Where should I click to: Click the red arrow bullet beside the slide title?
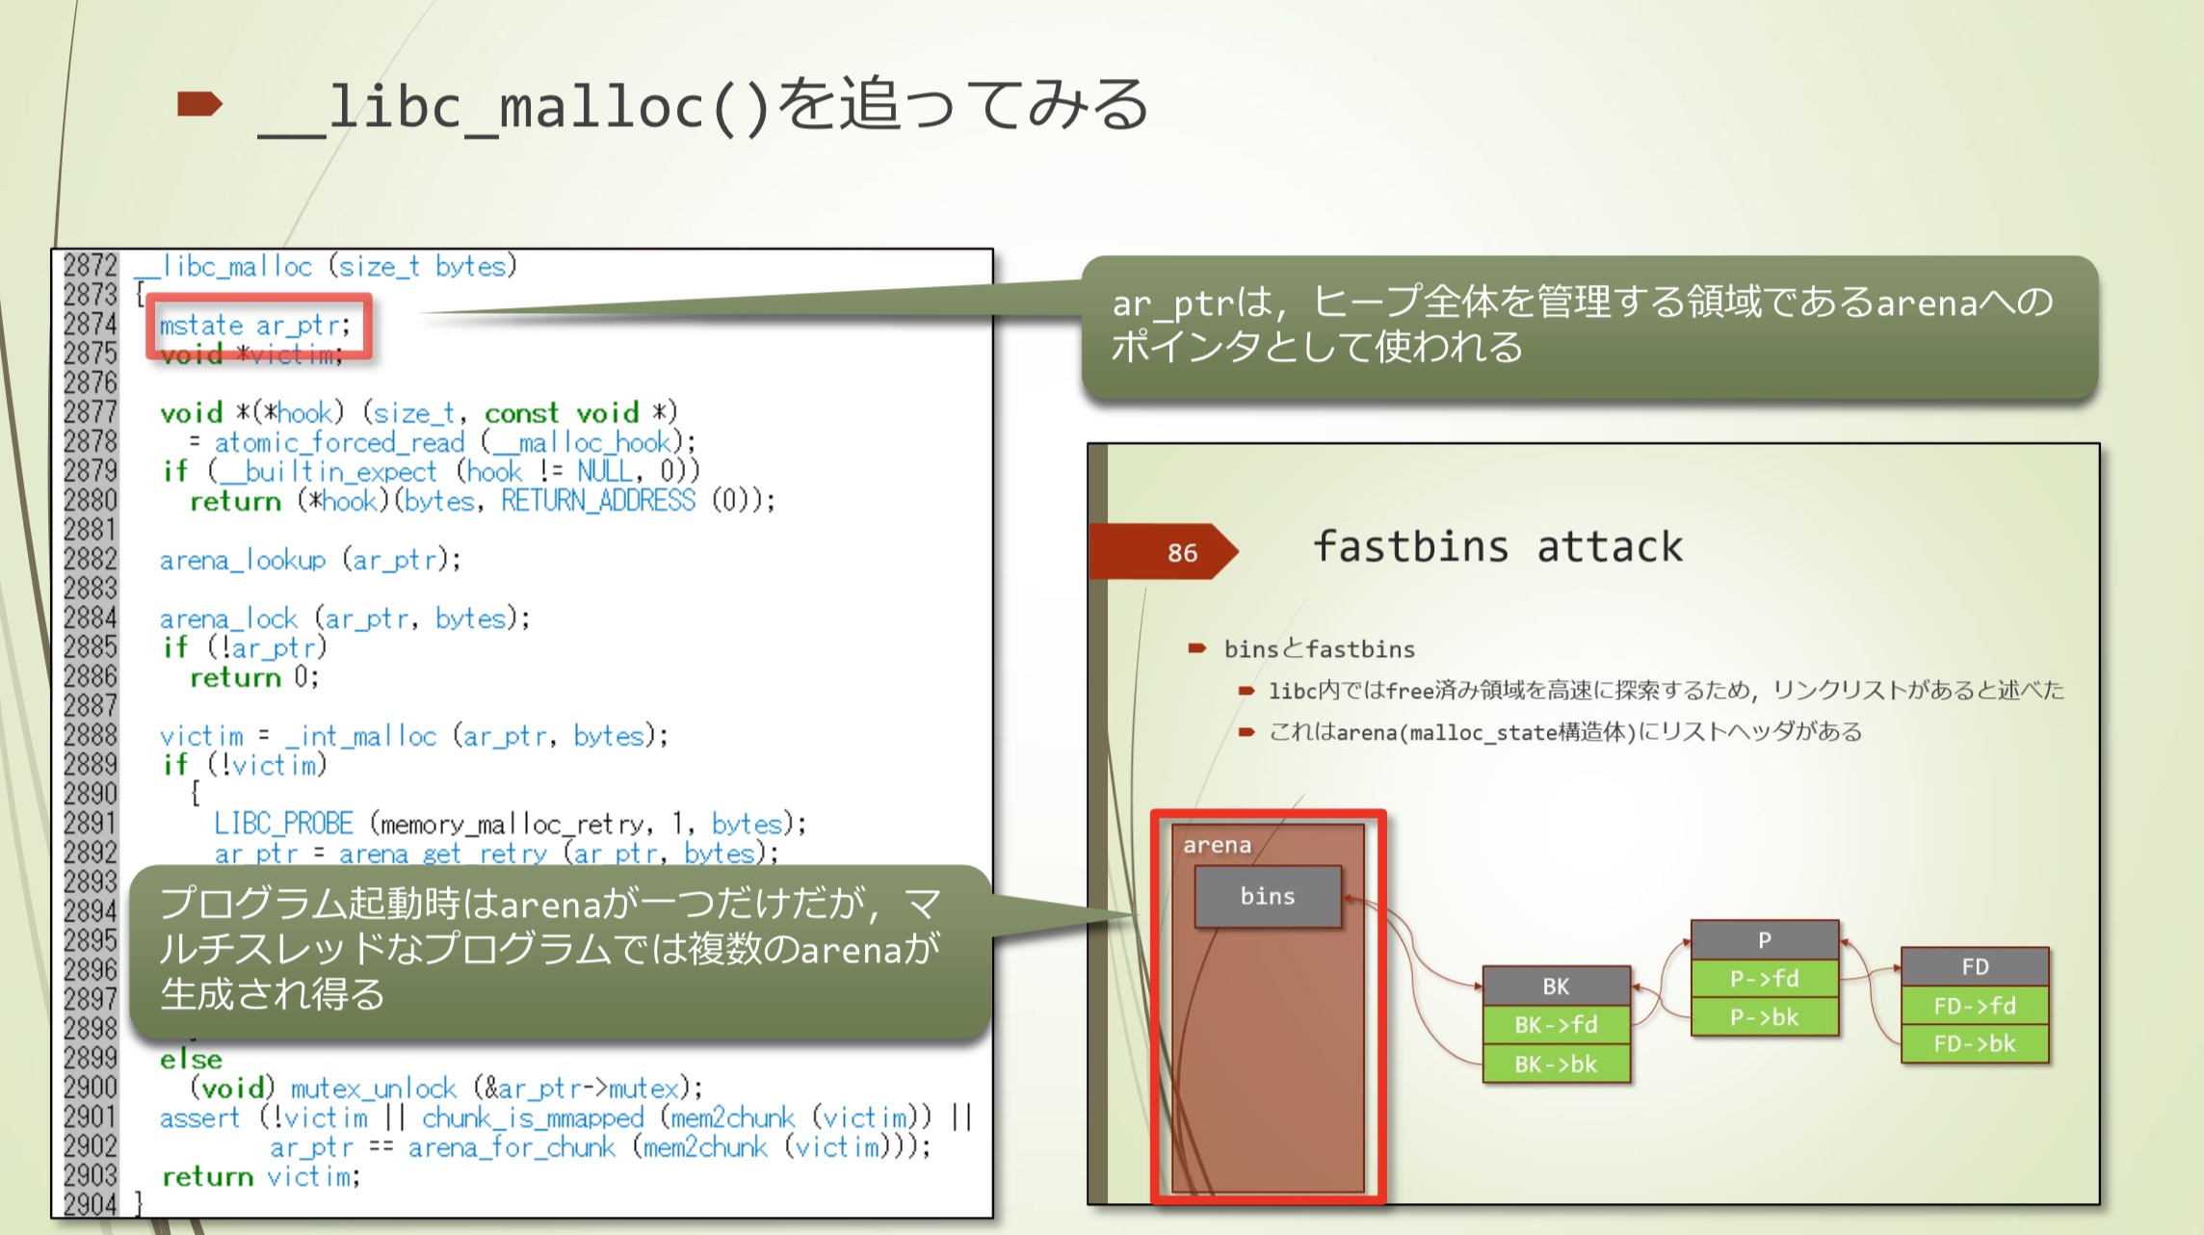200,104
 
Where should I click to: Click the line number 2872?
90,265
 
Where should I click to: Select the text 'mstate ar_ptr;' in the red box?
255,326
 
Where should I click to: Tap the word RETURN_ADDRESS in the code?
597,500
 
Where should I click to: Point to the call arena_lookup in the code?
243,560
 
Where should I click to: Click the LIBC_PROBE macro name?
283,824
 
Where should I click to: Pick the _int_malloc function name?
361,736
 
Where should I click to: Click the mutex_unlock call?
374,1089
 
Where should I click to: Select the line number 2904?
90,1204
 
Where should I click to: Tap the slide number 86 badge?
1182,553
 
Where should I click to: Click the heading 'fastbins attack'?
1498,547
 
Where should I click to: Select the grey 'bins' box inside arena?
1268,896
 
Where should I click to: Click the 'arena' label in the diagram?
1217,845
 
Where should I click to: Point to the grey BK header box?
1556,985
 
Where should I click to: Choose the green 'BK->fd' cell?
1556,1024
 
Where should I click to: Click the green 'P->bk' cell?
1764,1017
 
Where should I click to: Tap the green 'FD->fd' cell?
1975,1006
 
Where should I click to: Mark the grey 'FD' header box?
1975,966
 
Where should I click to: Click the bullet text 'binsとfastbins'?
1319,649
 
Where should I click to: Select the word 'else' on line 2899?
191,1059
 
